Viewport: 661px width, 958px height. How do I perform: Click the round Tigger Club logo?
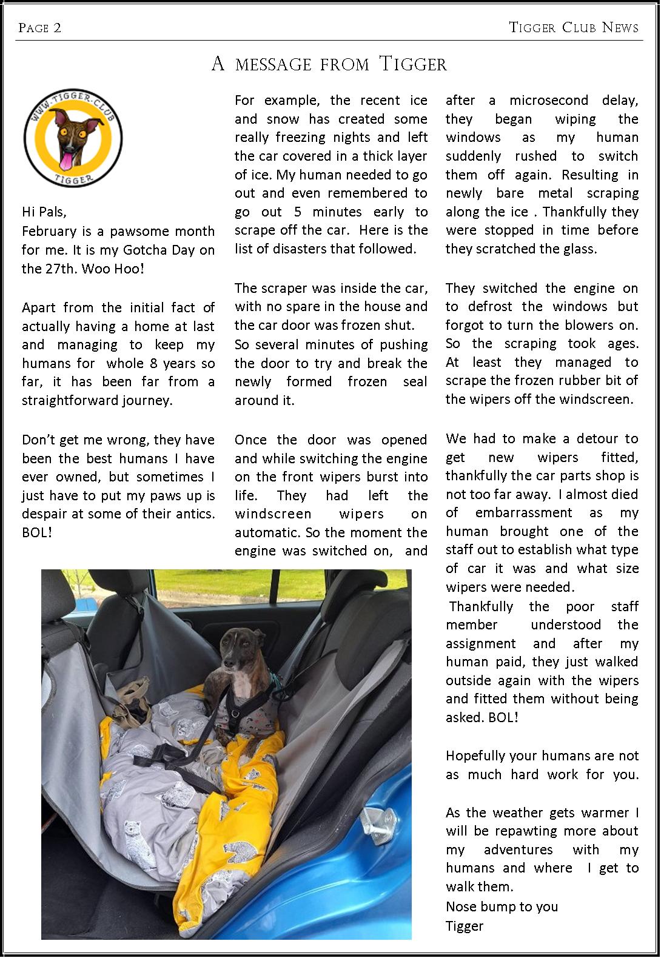73,139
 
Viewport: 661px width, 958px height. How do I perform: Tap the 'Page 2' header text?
40,28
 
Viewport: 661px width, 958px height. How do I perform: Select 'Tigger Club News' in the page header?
574,28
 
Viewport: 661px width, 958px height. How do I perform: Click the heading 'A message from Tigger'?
329,64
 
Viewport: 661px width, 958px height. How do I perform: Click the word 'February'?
49,231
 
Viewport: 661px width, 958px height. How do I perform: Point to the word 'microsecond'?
548,101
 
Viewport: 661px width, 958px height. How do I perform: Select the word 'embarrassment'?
524,513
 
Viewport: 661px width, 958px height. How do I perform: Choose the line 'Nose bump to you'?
502,906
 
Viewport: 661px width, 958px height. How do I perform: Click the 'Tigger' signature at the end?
465,926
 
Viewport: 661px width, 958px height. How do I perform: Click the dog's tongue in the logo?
64,160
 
